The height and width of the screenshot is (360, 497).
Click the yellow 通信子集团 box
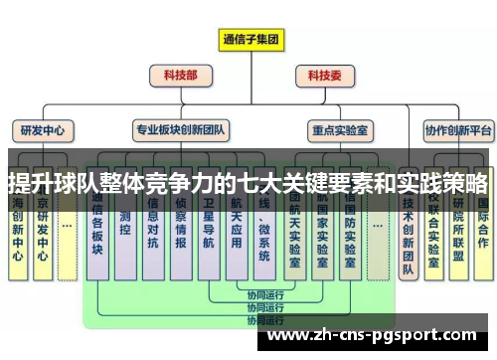[250, 40]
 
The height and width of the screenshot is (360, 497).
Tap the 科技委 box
[325, 75]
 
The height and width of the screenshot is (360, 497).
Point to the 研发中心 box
[42, 129]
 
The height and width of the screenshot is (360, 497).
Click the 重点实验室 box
[340, 129]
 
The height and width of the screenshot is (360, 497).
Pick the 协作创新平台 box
[458, 129]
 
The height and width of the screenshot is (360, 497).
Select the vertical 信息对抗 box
[152, 234]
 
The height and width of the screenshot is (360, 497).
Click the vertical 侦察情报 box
[180, 234]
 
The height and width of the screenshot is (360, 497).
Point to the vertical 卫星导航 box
[208, 234]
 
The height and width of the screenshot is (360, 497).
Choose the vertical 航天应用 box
[236, 234]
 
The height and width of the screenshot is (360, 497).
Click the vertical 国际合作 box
[482, 229]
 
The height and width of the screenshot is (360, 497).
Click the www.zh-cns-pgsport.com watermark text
[375, 334]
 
